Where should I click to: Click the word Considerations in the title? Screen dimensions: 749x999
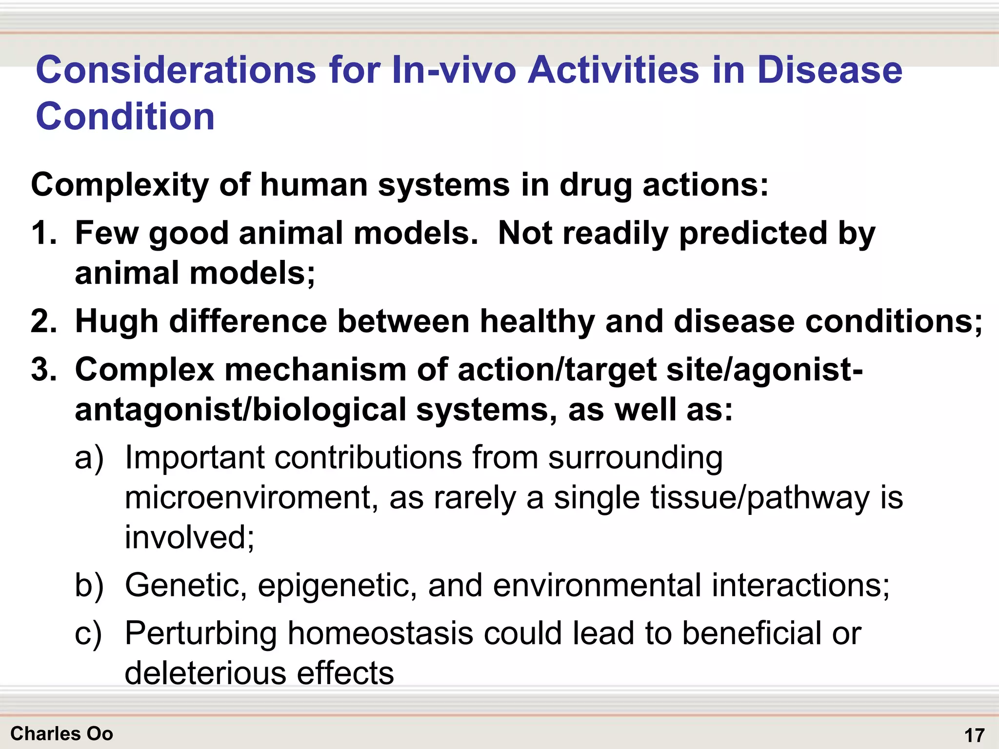[176, 70]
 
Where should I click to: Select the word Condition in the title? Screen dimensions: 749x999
[125, 117]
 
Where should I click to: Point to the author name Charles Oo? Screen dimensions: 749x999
[61, 734]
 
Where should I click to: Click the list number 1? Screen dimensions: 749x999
[43, 233]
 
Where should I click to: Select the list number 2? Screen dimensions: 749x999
[43, 322]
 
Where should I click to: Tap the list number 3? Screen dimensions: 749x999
[43, 370]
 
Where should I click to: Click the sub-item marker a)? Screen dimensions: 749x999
[89, 458]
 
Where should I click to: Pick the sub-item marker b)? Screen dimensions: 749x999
[89, 585]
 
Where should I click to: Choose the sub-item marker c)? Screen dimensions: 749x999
[88, 634]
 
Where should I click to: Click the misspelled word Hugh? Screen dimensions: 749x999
[116, 322]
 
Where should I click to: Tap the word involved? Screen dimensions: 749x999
[189, 537]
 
